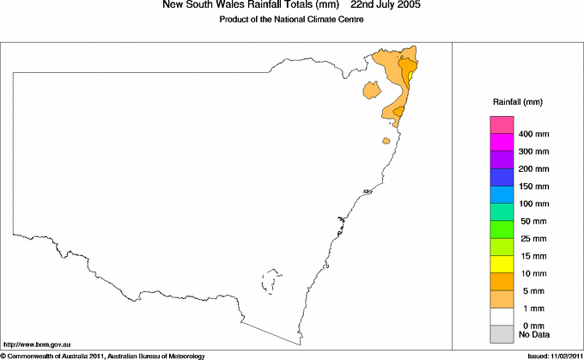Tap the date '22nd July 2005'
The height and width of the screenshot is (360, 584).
tap(386, 5)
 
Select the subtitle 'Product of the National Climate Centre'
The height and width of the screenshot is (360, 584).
tap(291, 18)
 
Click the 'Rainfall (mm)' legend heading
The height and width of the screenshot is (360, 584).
tap(515, 102)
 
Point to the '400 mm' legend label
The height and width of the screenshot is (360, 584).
tap(534, 135)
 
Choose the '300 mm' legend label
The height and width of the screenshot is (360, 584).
tap(534, 152)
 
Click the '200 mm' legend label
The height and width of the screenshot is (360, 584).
tap(534, 169)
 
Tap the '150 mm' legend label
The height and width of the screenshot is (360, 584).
tap(534, 186)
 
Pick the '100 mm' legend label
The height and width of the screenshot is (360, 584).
tap(534, 204)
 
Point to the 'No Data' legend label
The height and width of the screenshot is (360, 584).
tap(534, 334)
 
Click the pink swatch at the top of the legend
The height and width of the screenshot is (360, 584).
tap(502, 125)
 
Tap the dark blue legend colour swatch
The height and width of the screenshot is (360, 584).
tap(502, 177)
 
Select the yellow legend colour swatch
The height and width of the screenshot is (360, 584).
tap(502, 263)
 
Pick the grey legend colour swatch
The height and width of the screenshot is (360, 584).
tap(502, 333)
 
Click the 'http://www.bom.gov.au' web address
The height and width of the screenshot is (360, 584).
tap(37, 344)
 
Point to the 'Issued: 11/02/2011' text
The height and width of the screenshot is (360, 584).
tap(551, 355)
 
